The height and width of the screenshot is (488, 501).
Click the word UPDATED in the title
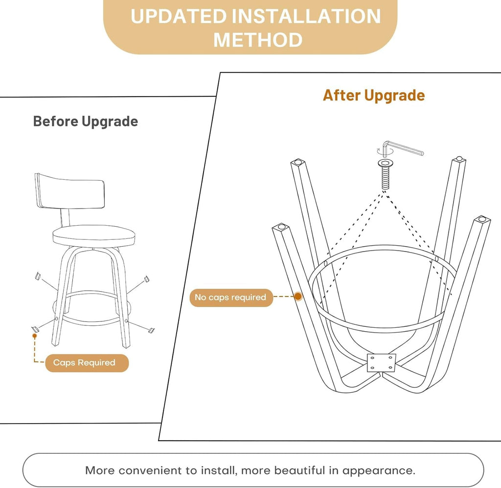(179, 16)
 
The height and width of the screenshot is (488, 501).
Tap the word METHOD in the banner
(258, 40)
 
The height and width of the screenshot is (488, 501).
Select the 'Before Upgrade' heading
(85, 122)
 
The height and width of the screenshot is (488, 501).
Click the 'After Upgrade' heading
(374, 95)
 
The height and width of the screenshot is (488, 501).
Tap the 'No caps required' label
(231, 297)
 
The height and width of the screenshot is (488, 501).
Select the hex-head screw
(386, 174)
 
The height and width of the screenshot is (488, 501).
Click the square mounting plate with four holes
(382, 363)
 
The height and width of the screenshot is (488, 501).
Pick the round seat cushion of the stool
(94, 236)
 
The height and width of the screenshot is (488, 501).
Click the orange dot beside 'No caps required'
(298, 297)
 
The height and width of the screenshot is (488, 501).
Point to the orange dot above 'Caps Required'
(35, 336)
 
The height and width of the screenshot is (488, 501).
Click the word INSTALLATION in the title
(306, 16)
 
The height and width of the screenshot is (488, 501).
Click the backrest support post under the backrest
(65, 218)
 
